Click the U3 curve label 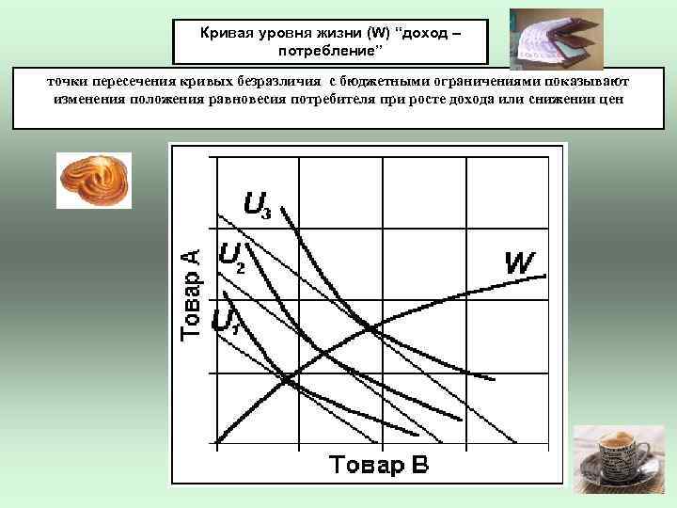point(258,205)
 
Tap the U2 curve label point(231,256)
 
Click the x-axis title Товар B point(378,465)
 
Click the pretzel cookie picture point(94,180)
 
